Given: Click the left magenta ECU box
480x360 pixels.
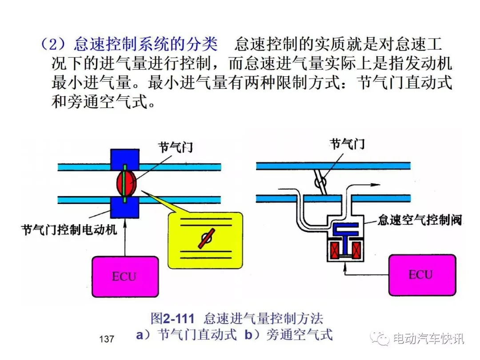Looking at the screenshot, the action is (125, 276).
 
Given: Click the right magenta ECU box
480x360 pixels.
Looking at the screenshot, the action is (422, 275).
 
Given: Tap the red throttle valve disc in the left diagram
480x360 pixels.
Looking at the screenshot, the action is (126, 184).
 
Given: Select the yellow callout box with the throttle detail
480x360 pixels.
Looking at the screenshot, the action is (205, 240).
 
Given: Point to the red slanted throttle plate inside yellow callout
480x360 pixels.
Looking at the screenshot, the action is (206, 239).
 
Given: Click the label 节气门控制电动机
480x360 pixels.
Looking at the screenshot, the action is (69, 230).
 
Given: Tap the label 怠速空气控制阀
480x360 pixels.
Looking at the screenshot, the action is (420, 220).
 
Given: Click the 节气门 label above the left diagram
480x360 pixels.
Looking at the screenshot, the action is (176, 147).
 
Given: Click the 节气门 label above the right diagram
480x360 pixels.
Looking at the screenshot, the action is (347, 144).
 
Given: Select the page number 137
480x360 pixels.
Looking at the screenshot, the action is (107, 339).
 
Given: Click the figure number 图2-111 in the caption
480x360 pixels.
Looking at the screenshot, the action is (172, 318).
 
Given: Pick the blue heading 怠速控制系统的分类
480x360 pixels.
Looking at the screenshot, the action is (146, 44).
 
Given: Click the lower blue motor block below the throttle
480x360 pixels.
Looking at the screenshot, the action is (125, 207).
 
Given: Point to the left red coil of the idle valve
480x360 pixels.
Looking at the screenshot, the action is (334, 250).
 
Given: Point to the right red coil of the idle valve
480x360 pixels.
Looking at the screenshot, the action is (356, 250).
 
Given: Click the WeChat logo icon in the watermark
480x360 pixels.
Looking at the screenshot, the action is (380, 338).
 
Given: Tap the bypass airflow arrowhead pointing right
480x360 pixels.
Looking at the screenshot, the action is (375, 184).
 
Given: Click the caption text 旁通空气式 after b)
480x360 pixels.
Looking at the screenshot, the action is (300, 335).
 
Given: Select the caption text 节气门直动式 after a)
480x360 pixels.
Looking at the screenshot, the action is (197, 335).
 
